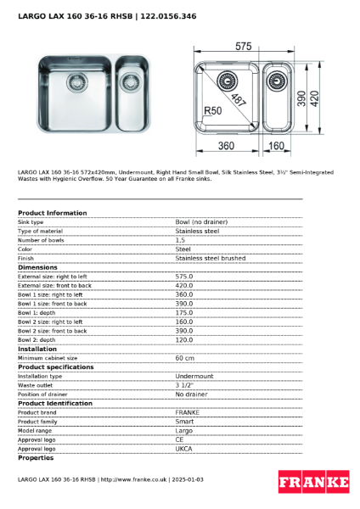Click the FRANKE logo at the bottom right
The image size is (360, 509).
[x=313, y=482]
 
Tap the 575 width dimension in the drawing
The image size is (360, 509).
[x=244, y=45]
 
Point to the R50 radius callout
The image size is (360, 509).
[x=212, y=111]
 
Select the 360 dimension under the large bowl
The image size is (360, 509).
[x=224, y=146]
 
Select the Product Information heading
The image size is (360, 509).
[x=52, y=213]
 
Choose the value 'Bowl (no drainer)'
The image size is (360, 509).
[x=201, y=221]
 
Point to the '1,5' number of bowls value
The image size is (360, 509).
[x=181, y=240]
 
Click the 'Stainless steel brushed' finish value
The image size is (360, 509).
[x=210, y=258]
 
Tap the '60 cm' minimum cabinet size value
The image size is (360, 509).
[x=184, y=358]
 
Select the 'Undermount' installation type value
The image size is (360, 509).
[x=194, y=376]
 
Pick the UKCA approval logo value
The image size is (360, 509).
[x=183, y=449]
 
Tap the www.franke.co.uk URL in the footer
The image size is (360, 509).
[x=133, y=479]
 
